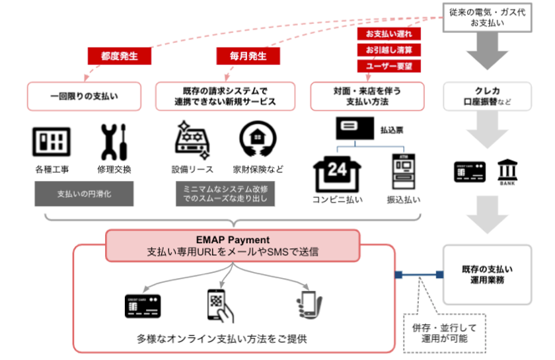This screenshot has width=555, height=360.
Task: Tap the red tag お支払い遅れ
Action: (x=385, y=33)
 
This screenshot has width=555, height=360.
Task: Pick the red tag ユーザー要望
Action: (x=385, y=66)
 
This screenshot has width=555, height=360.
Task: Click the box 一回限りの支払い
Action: (x=85, y=96)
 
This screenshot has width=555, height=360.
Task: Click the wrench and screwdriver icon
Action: (x=114, y=141)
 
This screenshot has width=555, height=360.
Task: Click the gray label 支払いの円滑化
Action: (x=84, y=194)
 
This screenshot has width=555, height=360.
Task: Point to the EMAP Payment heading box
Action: (x=235, y=245)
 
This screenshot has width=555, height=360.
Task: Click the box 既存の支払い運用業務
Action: (x=488, y=274)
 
